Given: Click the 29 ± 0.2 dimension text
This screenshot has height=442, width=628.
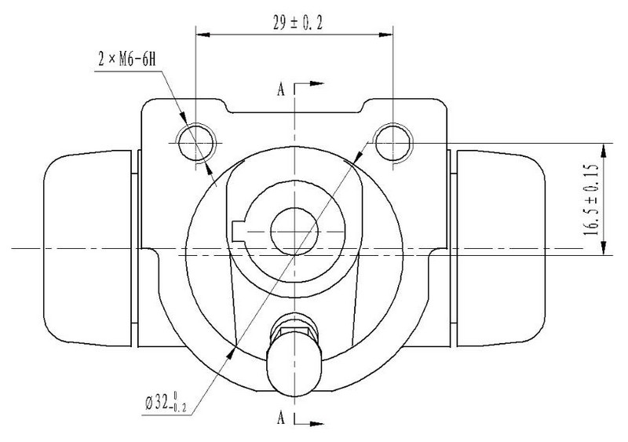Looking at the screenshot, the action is (298, 23).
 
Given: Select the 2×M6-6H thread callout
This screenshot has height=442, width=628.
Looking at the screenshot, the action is (126, 60).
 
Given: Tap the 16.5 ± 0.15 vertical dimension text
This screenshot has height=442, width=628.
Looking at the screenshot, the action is (591, 199).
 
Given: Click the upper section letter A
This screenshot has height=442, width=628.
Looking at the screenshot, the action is (281, 89).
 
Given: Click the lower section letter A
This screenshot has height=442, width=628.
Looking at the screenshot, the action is (281, 418).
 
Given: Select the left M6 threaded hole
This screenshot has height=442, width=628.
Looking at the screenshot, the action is (197, 143).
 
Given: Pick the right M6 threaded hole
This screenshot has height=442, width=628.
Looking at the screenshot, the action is (393, 143).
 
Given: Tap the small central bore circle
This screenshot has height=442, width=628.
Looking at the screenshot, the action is (294, 232).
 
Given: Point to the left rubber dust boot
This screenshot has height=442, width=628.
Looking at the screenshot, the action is (88, 248).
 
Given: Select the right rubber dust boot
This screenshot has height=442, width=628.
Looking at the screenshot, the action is (501, 248).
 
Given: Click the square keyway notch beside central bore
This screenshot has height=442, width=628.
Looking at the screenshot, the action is (239, 232).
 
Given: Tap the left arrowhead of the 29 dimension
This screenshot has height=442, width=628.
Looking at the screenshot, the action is (203, 35).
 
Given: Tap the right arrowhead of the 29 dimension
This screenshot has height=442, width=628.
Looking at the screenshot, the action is (385, 35).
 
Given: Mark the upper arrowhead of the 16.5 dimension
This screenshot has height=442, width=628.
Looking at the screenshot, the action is (604, 151).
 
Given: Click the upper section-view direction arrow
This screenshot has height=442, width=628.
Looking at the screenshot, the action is (309, 84).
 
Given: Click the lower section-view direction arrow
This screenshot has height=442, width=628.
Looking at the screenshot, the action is (309, 423).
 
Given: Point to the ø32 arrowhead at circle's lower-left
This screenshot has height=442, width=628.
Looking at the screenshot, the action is (231, 353).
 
